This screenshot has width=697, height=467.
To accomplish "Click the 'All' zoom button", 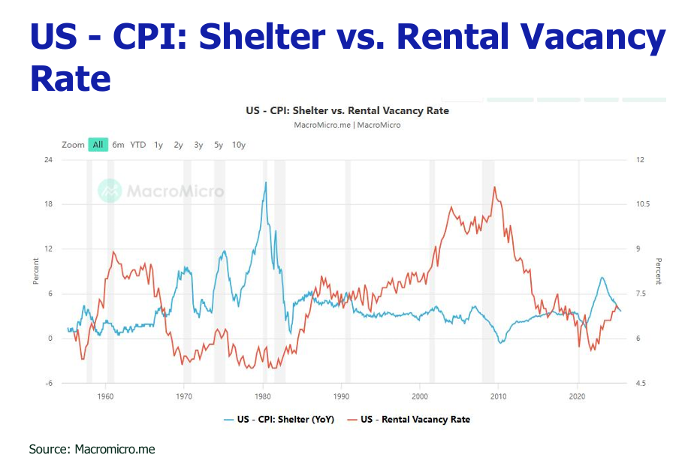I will tap(98, 145).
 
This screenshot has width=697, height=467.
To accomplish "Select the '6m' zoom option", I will tap(119, 145).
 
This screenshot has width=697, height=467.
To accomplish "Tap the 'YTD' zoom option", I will tap(138, 145).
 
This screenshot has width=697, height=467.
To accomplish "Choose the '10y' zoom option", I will tap(239, 145).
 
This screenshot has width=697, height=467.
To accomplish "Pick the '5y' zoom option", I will tap(219, 145).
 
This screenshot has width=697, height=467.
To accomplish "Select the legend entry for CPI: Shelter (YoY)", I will tap(279, 419).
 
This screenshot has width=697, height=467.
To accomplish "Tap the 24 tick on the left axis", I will tap(47, 160).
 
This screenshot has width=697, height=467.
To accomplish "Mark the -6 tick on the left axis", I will tap(49, 383).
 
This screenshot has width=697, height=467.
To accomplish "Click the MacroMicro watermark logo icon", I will tap(110, 191).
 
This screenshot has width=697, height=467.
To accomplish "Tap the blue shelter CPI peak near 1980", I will tap(265, 182).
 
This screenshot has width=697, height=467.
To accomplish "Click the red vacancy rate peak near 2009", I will tap(494, 187).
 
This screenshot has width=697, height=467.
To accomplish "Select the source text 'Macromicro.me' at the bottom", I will tap(115, 449).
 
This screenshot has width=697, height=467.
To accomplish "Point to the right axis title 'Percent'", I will tap(659, 271).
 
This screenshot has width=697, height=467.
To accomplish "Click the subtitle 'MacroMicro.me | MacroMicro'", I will tap(347, 125).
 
